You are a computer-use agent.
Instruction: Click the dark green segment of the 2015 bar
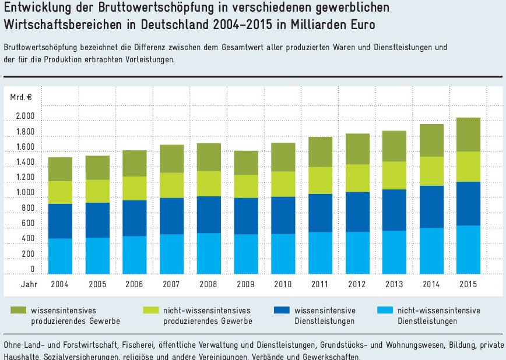tap(469, 135)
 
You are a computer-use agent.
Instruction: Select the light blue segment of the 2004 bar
tap(60, 256)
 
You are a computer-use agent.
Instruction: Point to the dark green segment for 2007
tap(171, 158)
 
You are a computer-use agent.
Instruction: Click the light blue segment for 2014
tap(431, 250)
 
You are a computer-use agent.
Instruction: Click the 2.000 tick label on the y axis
tap(25, 117)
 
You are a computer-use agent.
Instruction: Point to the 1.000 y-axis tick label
tap(25, 193)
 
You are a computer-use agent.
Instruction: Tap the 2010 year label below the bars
tap(283, 284)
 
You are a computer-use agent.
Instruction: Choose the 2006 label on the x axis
tap(134, 284)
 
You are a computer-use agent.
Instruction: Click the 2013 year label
tap(394, 284)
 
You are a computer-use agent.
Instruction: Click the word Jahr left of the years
tap(29, 284)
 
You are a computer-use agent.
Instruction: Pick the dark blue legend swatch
tap(280, 311)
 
